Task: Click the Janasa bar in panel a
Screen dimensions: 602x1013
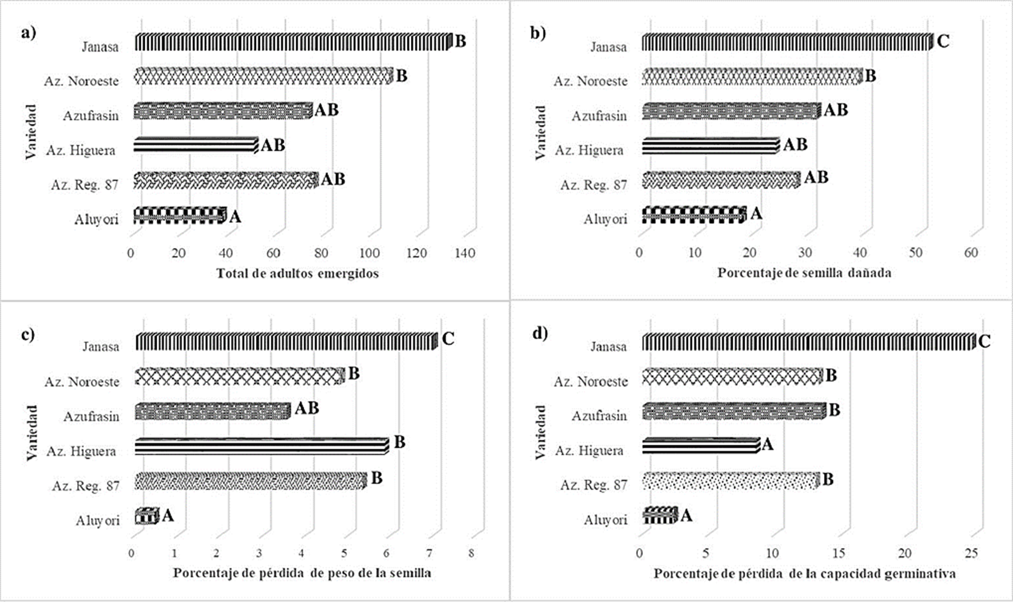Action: coord(292,42)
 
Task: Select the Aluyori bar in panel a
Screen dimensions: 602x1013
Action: coord(179,215)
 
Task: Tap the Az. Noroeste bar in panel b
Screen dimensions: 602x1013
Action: coord(751,77)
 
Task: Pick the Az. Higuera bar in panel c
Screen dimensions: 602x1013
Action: coord(261,447)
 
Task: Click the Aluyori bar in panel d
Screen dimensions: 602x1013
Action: coord(660,515)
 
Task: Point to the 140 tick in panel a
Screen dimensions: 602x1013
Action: coord(465,253)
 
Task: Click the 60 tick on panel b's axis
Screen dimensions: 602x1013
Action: coord(971,252)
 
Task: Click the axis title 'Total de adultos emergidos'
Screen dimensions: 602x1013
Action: coord(297,273)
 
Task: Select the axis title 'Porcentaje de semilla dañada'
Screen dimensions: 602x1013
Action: coord(804,273)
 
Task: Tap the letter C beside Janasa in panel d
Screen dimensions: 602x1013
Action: coord(985,341)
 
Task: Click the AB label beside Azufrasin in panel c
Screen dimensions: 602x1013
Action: coord(306,408)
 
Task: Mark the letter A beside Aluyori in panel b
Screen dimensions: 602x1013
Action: coord(756,214)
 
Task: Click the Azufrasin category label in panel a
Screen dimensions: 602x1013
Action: coord(91,116)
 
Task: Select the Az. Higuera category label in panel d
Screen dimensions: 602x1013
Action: coord(589,451)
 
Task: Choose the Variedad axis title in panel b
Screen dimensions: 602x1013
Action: coord(540,132)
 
